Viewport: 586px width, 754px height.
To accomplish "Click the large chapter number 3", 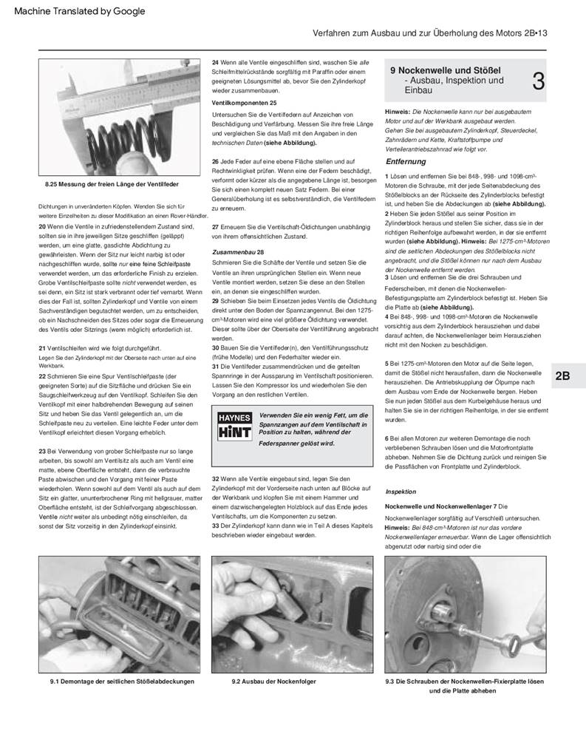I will [538, 81].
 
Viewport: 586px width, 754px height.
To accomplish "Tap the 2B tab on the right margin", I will [562, 376].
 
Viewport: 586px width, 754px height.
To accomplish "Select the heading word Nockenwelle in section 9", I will [428, 70].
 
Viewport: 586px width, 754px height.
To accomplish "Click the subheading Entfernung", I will [406, 161].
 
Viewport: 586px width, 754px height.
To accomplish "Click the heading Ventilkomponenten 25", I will [244, 102].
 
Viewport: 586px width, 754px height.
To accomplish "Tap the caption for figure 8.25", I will [112, 183].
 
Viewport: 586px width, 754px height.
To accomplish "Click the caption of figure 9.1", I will [117, 681].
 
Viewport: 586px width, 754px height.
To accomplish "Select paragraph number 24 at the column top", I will [215, 62].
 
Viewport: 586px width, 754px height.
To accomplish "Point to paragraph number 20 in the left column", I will [42, 225].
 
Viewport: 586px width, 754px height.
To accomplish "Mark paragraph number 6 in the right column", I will [387, 438].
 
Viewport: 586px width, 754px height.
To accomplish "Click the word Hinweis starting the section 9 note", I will [399, 111].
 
